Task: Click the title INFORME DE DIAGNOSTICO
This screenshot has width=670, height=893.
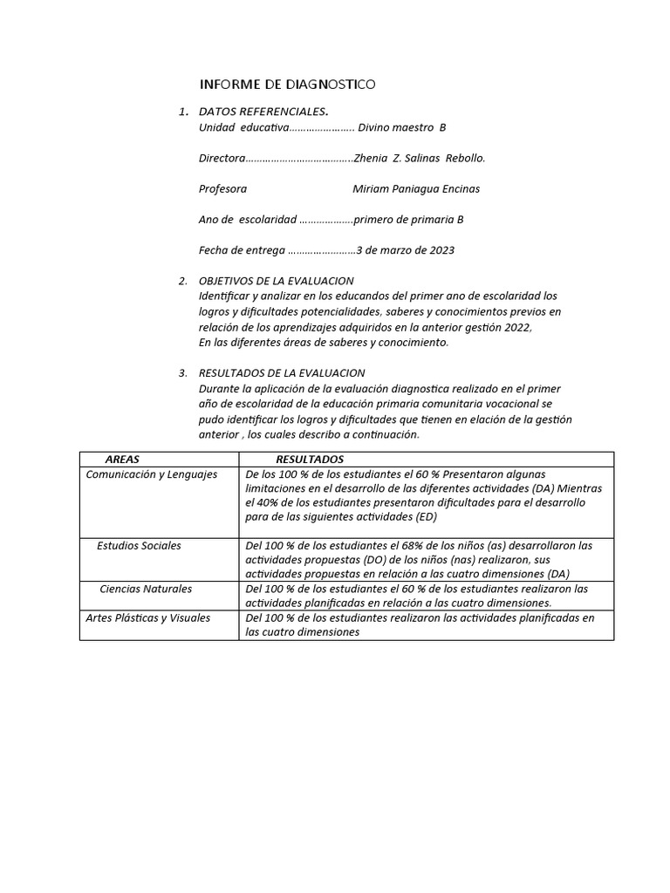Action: click(288, 85)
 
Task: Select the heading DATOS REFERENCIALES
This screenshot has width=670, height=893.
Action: click(263, 112)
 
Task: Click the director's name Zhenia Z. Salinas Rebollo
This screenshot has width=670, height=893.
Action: click(420, 158)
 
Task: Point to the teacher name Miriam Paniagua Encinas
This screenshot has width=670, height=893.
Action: click(416, 188)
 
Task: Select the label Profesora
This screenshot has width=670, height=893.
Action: click(222, 188)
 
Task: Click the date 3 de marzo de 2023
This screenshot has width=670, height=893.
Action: click(405, 250)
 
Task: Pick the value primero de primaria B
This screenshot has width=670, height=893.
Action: click(407, 220)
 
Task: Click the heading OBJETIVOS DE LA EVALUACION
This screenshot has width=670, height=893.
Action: click(276, 281)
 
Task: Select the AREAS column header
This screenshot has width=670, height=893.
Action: click(122, 460)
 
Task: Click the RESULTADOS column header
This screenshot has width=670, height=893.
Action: click(310, 460)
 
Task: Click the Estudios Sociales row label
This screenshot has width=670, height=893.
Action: click(140, 546)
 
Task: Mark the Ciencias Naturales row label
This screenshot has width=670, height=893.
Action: click(146, 590)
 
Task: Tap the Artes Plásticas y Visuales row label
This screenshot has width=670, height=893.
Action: click(148, 618)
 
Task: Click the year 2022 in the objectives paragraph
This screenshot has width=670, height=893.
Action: click(516, 327)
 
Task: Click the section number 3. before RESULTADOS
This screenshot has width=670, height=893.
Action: click(183, 373)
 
